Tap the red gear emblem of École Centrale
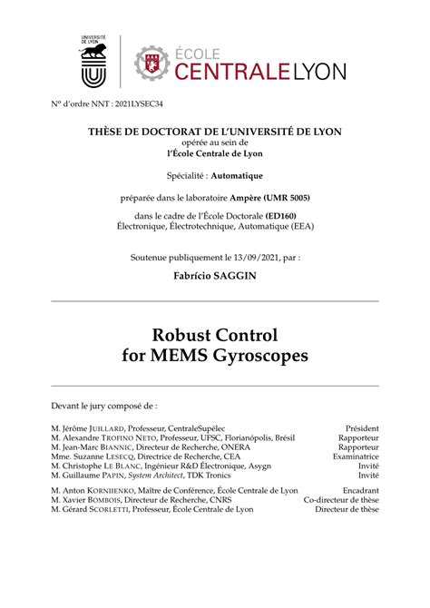coord(152,62)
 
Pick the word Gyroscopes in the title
coord(257,356)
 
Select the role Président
coord(362,428)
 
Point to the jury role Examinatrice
coord(356,457)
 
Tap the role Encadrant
coord(360,491)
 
